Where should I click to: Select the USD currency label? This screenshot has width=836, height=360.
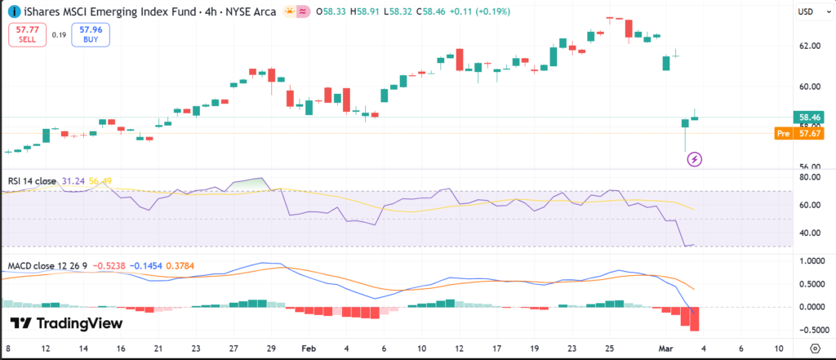pos(805,12)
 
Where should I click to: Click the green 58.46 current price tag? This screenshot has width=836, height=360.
pos(809,118)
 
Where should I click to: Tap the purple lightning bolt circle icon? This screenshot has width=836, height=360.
pos(694,158)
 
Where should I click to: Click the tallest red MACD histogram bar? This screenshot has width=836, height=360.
pos(695,319)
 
